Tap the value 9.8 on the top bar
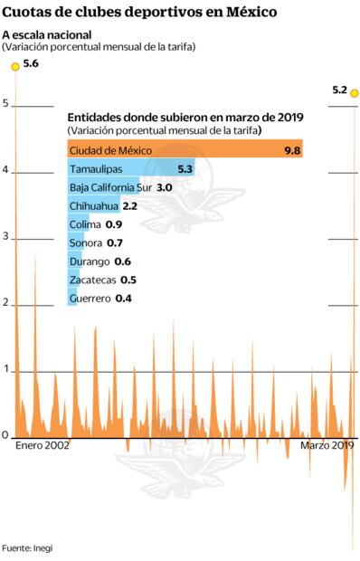(291, 150)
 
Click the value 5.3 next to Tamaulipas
(185, 169)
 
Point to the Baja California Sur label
(110, 187)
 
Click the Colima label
(85, 224)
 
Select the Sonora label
(86, 242)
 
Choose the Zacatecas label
(91, 280)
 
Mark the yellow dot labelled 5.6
(14, 67)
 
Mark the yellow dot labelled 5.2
(355, 92)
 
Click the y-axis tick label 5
(5, 104)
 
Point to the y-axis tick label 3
(5, 237)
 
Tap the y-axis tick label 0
(5, 435)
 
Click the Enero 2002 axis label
(43, 446)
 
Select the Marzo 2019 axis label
(327, 446)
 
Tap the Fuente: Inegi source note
(28, 548)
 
